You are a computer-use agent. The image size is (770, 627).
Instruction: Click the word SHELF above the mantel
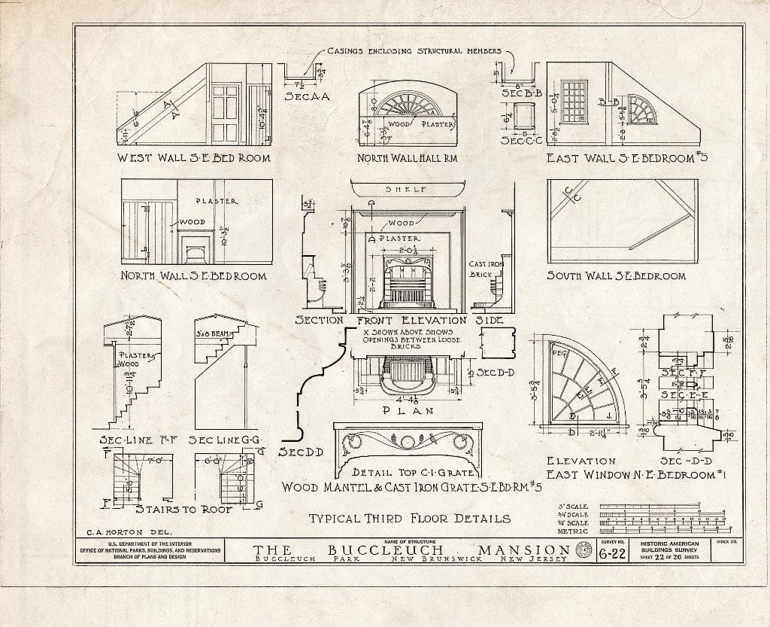pos(406,190)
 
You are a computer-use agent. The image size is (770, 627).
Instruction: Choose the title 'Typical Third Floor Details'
pos(410,518)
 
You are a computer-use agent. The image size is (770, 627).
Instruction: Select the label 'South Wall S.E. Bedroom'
pos(616,276)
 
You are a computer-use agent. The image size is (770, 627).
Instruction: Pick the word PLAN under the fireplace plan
pos(406,412)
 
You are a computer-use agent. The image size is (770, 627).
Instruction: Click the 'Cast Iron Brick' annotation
pos(481,269)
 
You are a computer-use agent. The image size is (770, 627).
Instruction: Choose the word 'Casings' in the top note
pos(353,51)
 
